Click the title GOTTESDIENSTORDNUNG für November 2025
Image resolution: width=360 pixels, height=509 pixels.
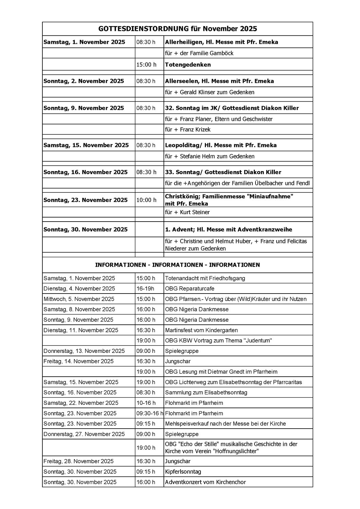coord(177,29)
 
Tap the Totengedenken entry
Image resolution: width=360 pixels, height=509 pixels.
coord(188,64)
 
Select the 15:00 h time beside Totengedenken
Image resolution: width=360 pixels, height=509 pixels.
coord(146,64)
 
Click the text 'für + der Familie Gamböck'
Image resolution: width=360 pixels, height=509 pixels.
coord(199,53)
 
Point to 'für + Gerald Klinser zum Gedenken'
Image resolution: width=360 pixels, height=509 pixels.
coord(209,92)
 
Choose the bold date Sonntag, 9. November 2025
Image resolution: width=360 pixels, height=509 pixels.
coord(84,108)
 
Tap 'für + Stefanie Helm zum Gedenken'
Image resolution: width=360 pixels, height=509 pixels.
coord(209,156)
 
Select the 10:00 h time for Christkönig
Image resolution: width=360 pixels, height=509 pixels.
coord(146,200)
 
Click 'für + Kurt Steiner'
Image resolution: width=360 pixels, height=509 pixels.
coord(187,212)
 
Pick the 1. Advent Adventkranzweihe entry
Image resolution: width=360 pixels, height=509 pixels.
coord(228,229)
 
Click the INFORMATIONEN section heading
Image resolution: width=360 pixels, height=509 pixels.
coord(177,265)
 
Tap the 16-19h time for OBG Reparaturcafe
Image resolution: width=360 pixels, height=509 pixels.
coord(145,289)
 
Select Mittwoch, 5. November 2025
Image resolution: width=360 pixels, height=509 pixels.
coord(79,299)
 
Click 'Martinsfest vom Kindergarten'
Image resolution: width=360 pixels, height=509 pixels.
coord(201,330)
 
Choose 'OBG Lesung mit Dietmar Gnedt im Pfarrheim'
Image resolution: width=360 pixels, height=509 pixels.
coord(221,372)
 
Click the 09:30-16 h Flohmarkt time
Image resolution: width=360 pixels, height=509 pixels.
coord(150,413)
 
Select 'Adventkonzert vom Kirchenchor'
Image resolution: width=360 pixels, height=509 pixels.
coord(205,482)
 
